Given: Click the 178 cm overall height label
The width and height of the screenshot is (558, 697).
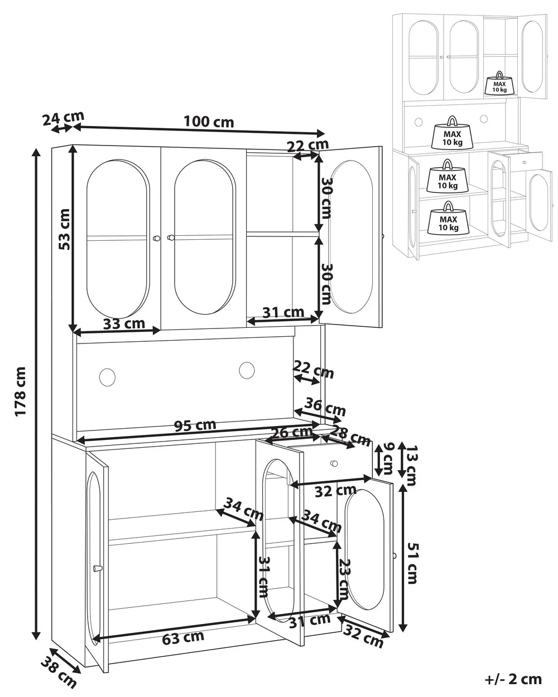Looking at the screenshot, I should coord(21,391).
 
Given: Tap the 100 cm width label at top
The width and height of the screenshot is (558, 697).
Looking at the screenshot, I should coord(209,122).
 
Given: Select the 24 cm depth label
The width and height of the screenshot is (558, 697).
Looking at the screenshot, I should coord(62,118).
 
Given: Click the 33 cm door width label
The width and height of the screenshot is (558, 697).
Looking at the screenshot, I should coord(124,323).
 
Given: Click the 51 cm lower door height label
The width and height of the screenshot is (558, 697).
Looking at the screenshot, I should coord(411,563).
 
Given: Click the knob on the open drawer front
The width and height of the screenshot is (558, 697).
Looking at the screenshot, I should coord(334,463).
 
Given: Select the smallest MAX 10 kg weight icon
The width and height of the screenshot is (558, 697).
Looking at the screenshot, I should coord(497,84).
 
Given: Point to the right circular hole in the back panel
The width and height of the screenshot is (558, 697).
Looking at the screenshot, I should coord(247,370).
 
